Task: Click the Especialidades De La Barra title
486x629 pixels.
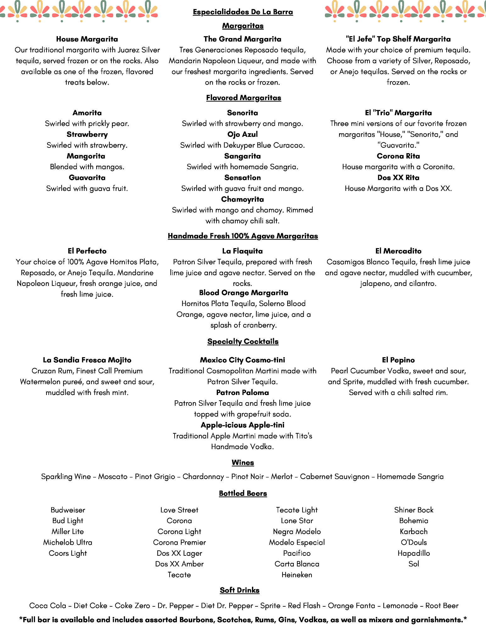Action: pos(243,12)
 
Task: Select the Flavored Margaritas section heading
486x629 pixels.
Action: pos(243,98)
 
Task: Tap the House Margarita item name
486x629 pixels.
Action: pos(87,39)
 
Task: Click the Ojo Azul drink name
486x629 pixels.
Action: pos(243,134)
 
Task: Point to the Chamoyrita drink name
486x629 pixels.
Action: pos(243,199)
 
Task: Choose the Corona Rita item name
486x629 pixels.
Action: pos(398,156)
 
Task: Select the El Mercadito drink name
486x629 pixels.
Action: pos(398,251)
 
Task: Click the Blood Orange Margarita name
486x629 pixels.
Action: pos(243,292)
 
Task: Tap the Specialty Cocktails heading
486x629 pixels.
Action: pos(243,342)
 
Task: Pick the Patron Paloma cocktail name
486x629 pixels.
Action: pos(243,392)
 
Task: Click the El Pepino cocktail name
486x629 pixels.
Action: pos(398,360)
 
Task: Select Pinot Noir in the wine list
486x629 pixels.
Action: pos(247,476)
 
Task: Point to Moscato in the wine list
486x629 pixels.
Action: pos(113,476)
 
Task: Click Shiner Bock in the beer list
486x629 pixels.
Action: pos(414,510)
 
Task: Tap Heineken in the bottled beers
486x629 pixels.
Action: pos(297,575)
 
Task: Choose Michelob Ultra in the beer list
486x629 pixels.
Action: pos(68,542)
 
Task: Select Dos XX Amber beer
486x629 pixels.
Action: pos(179,564)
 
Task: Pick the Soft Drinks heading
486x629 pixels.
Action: pos(239,590)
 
